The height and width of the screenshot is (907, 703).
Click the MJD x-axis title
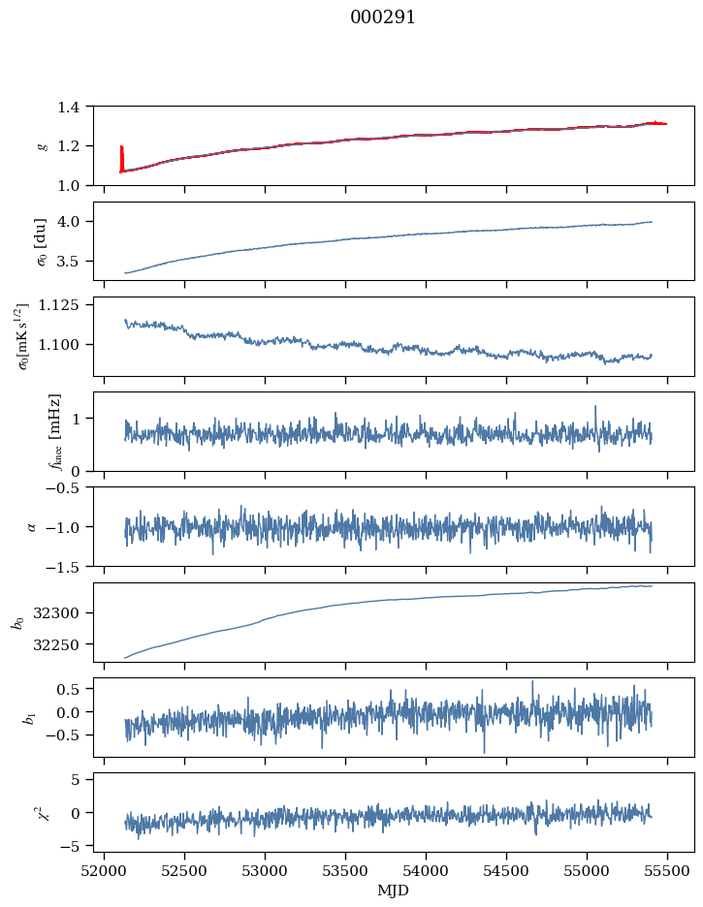coord(394,890)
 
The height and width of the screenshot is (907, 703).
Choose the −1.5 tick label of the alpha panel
coord(65,566)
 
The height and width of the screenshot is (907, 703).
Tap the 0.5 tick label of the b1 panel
coord(73,689)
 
